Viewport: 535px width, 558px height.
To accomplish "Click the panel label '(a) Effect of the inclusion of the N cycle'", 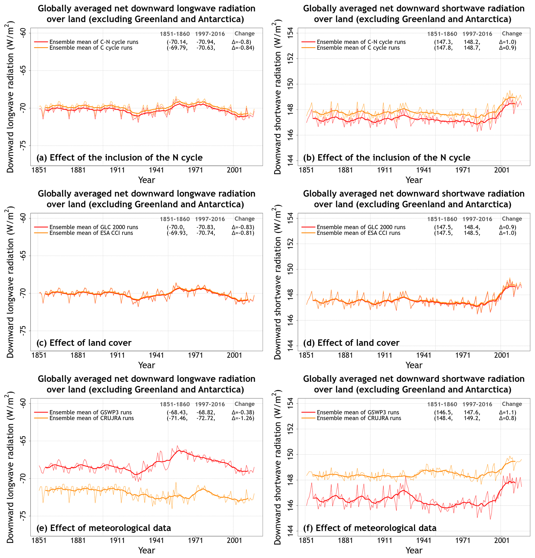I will click(x=119, y=157).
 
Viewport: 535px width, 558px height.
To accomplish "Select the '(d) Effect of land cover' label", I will click(x=351, y=343).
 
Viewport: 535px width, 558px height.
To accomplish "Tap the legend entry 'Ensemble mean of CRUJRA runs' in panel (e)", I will click(x=91, y=418).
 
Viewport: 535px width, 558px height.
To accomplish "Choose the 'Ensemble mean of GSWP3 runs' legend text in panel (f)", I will click(x=358, y=412).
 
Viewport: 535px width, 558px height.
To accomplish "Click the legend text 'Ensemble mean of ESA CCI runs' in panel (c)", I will click(x=91, y=233).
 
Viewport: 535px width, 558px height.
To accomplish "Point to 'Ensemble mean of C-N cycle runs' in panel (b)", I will click(x=361, y=42).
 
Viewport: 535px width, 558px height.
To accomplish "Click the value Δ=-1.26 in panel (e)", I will click(x=243, y=418).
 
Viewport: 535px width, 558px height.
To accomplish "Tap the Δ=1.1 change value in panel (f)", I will click(x=507, y=412).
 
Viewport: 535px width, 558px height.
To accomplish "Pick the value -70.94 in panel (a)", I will click(x=206, y=42).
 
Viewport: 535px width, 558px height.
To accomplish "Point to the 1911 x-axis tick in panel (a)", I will click(x=117, y=170).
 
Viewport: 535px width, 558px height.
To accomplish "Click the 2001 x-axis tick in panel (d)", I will click(x=502, y=355).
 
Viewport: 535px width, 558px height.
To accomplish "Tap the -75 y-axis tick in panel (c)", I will click(x=23, y=331).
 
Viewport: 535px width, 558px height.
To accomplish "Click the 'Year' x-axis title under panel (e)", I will click(x=146, y=550).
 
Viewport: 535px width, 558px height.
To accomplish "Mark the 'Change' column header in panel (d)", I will click(x=512, y=219).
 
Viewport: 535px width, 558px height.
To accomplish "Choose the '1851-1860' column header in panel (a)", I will click(x=174, y=34).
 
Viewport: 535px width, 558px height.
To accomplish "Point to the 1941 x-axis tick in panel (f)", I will click(x=424, y=540).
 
